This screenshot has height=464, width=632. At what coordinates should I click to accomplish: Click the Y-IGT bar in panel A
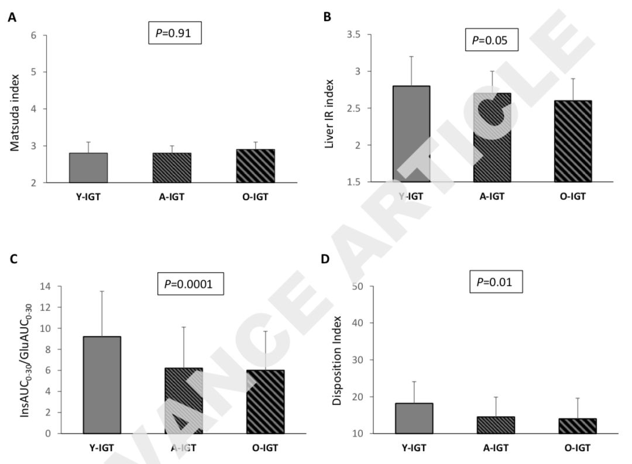click(88, 167)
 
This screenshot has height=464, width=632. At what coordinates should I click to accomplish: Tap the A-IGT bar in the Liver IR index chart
click(492, 137)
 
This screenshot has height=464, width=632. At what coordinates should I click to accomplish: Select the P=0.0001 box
click(191, 284)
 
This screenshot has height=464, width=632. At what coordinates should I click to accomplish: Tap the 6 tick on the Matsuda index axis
click(33, 36)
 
